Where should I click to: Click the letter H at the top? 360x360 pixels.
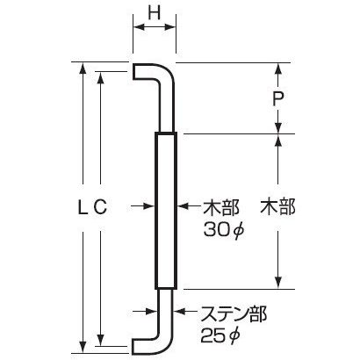pyautogui.click(x=155, y=12)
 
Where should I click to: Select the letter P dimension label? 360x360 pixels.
pyautogui.click(x=278, y=99)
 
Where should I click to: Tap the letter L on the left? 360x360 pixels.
pyautogui.click(x=83, y=207)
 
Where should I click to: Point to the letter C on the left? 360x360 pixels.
pyautogui.click(x=100, y=207)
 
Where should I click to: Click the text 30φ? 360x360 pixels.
pyautogui.click(x=223, y=232)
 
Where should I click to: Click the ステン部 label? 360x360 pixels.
pyautogui.click(x=234, y=314)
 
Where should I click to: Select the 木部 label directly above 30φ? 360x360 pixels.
pyautogui.click(x=221, y=207)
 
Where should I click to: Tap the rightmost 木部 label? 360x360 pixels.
pyautogui.click(x=277, y=206)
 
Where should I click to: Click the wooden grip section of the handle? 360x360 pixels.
pyautogui.click(x=166, y=211)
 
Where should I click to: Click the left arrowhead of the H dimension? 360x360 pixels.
pyautogui.click(x=138, y=27)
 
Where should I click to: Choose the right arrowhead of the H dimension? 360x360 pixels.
pyautogui.click(x=170, y=27)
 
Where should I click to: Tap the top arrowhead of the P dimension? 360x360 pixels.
pyautogui.click(x=278, y=68)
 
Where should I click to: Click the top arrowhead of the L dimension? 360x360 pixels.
pyautogui.click(x=83, y=68)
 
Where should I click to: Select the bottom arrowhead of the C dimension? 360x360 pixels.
pyautogui.click(x=100, y=341)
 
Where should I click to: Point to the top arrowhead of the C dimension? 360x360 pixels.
pyautogui.click(x=100, y=76)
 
